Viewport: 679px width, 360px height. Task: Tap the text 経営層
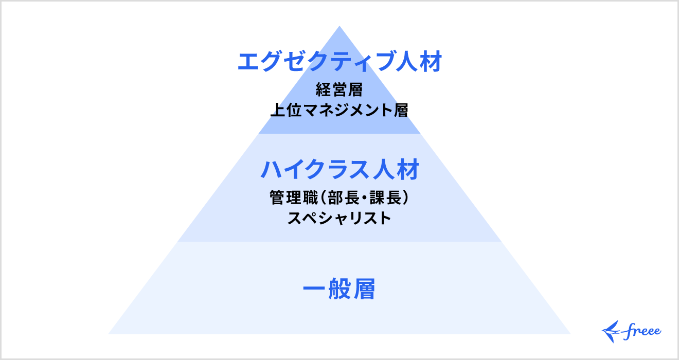(339, 91)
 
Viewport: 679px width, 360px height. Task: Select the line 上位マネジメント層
(339, 110)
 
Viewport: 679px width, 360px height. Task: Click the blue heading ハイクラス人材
(339, 170)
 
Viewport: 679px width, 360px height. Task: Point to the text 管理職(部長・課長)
(339, 198)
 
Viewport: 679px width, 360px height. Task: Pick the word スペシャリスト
(339, 218)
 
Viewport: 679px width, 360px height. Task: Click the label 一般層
(339, 290)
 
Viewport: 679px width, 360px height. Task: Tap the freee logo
(632, 331)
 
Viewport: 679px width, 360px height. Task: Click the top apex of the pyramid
(339, 27)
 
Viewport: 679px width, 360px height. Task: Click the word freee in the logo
(642, 331)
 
